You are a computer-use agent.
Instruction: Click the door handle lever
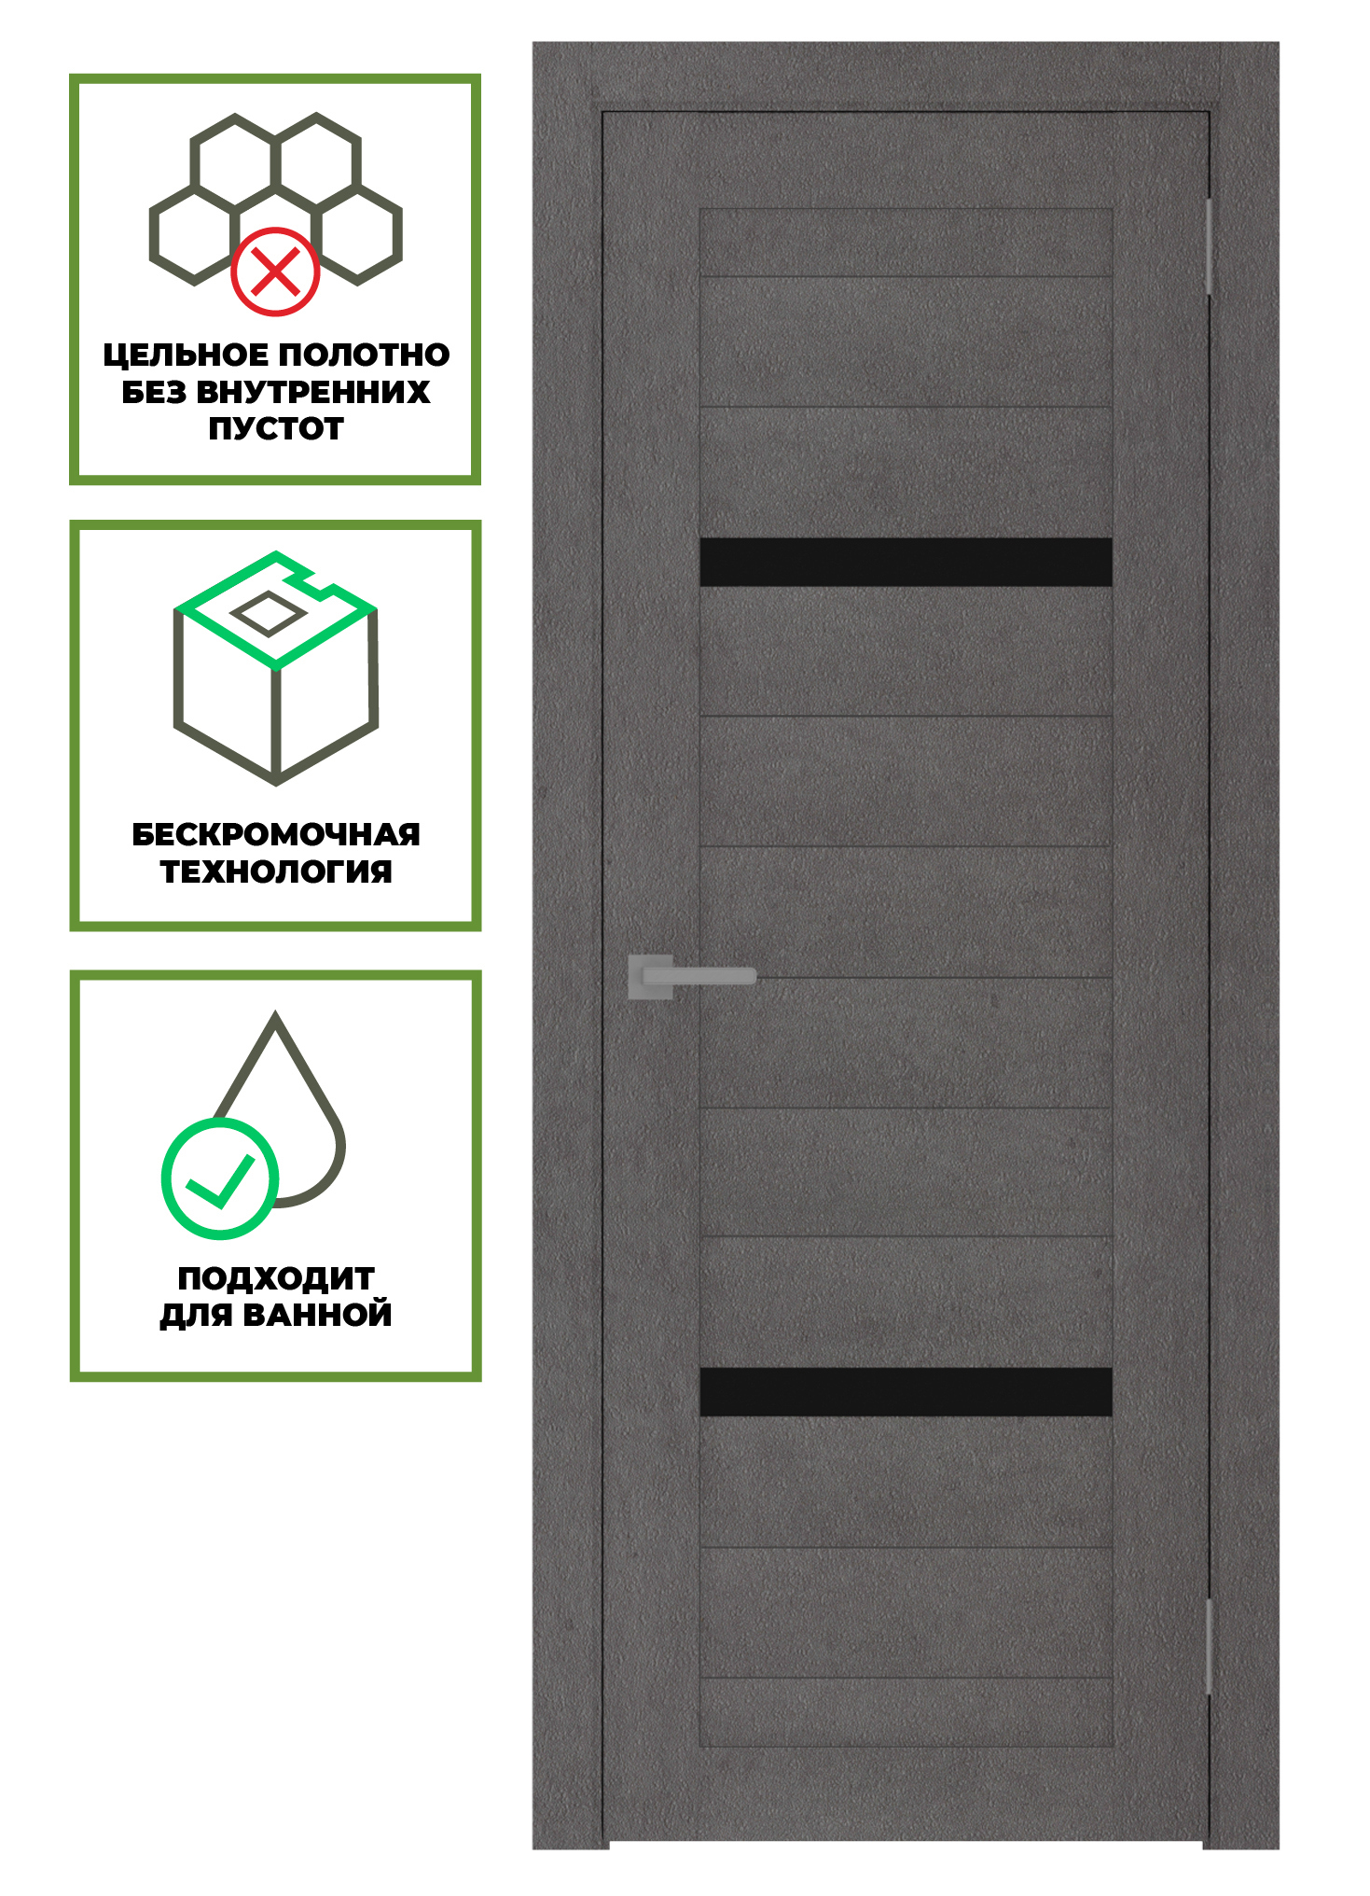click(x=699, y=976)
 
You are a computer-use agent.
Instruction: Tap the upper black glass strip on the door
click(x=906, y=562)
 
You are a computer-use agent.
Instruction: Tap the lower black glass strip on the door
click(x=906, y=1391)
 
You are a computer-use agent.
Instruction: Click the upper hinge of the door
click(x=1209, y=246)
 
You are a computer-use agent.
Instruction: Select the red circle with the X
click(x=275, y=272)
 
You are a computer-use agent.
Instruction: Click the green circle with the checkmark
click(x=220, y=1178)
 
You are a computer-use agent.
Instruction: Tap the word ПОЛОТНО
click(x=365, y=355)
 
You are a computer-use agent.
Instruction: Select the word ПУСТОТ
click(x=276, y=429)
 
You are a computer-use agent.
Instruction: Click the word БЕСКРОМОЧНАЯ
click(x=276, y=834)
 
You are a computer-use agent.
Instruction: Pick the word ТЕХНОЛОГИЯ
click(x=276, y=871)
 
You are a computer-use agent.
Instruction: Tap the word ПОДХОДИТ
click(x=276, y=1278)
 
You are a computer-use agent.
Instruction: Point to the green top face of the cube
click(x=276, y=610)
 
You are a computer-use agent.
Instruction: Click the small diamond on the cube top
click(x=268, y=614)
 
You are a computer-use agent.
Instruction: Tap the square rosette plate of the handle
click(x=651, y=977)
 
